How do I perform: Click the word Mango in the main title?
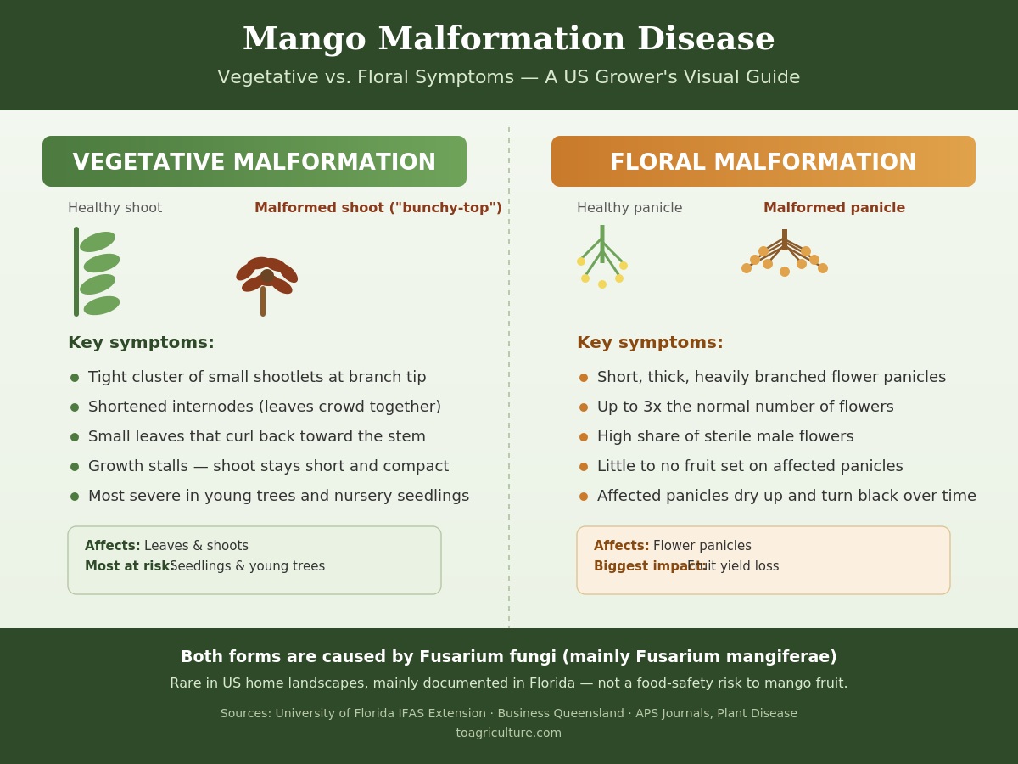(305, 39)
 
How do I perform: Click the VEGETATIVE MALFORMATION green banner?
(255, 161)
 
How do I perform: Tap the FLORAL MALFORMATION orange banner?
(763, 161)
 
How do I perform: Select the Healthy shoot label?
(115, 207)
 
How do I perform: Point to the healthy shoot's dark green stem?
(76, 272)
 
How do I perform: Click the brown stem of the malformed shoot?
(263, 301)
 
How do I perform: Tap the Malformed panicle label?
(835, 207)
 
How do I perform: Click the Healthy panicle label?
(629, 207)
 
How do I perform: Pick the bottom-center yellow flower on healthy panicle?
(602, 284)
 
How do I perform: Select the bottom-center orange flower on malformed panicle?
(785, 272)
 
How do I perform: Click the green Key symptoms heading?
(141, 342)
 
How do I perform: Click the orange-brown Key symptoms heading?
(650, 342)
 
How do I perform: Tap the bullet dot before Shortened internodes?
(75, 407)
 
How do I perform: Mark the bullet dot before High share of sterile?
(584, 437)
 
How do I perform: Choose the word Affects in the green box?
(112, 546)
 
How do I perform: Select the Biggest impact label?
(650, 566)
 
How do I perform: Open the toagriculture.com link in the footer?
(509, 733)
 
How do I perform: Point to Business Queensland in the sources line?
(561, 713)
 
